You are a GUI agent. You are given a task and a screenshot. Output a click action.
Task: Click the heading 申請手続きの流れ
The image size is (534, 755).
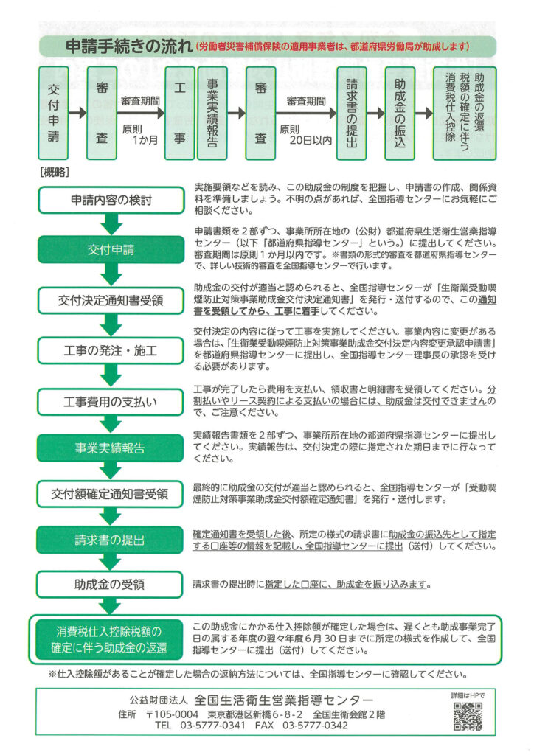[x=129, y=46]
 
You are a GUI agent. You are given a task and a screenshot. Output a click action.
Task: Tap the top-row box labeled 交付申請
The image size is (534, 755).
[x=53, y=113]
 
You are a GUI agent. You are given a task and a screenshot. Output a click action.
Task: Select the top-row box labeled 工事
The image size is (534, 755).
[x=180, y=113]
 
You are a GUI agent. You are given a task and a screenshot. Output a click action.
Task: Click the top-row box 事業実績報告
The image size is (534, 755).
[x=212, y=113]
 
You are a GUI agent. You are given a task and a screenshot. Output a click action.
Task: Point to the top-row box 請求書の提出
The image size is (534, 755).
[x=352, y=113]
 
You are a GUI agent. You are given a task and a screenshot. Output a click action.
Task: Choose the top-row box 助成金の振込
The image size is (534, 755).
[x=400, y=113]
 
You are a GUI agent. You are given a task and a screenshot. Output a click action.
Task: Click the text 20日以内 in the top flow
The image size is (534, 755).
[x=311, y=140]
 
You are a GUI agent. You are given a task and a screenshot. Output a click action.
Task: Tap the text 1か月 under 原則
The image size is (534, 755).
[x=145, y=140]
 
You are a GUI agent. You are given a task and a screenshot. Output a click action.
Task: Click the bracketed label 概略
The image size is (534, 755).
[x=55, y=173]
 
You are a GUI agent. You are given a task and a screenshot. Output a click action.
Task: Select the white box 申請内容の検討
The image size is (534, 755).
[x=111, y=200]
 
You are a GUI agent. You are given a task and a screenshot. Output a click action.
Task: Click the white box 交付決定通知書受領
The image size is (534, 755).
[x=111, y=301]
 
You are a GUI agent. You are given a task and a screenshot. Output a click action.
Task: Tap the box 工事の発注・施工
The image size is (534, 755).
[x=111, y=350]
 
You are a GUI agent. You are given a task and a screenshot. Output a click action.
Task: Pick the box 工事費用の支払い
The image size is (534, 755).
[x=111, y=402]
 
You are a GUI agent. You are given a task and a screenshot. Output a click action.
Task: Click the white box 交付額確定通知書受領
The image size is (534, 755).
[x=110, y=493]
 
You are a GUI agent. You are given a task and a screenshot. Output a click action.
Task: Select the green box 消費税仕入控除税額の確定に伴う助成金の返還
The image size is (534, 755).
[x=109, y=639]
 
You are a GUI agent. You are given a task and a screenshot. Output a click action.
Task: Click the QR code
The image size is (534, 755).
[x=468, y=717]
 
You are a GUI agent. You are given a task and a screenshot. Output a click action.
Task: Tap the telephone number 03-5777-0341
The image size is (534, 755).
[x=212, y=726]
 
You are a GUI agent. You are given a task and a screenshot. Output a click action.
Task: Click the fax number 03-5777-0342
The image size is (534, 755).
[x=315, y=726]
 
